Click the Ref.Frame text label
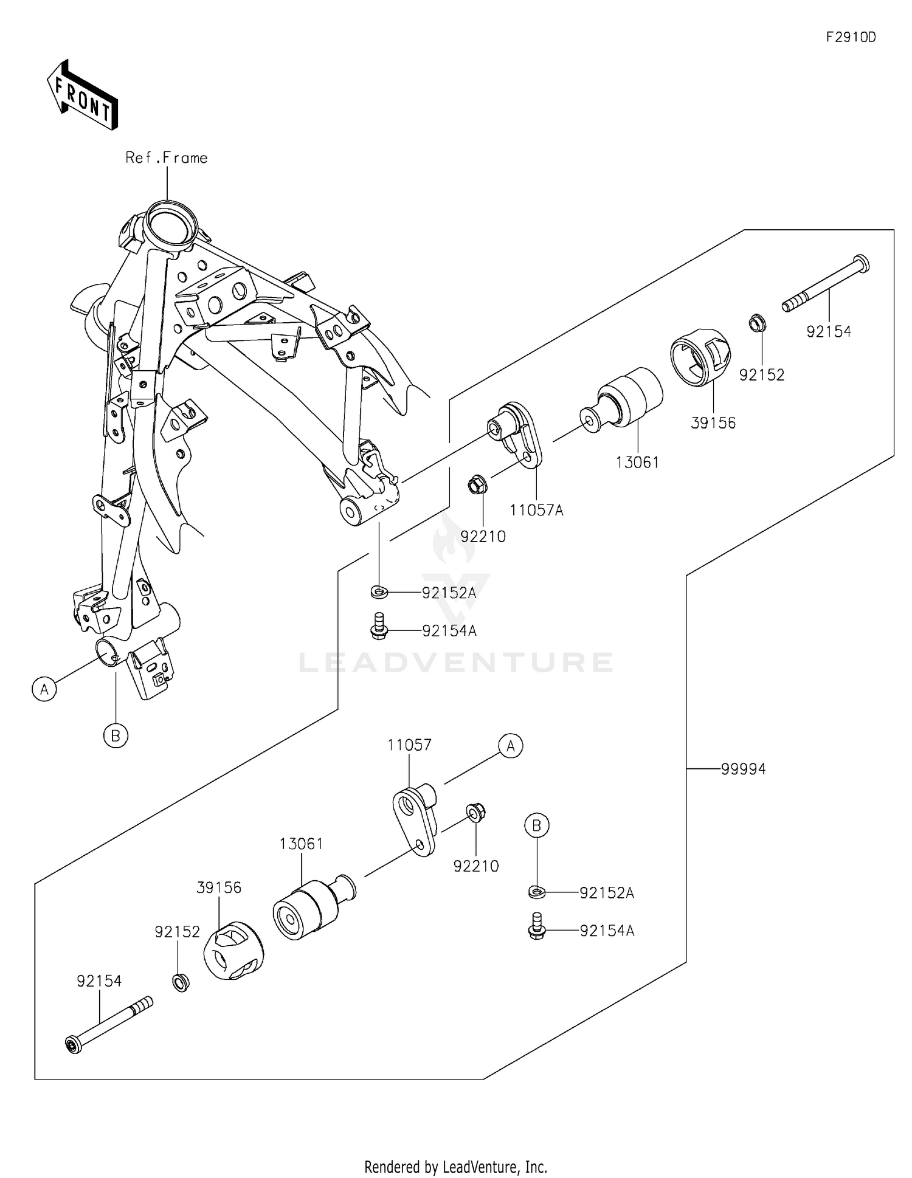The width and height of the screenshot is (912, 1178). [x=167, y=158]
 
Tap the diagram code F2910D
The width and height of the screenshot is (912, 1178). [x=851, y=38]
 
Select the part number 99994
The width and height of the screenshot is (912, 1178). [x=743, y=770]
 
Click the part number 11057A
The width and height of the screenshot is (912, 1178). [x=536, y=511]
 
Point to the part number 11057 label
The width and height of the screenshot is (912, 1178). [x=410, y=745]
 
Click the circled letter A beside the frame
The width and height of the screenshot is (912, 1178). [x=44, y=690]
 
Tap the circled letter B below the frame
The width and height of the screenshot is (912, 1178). [x=116, y=736]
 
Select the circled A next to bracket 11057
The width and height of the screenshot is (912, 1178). [x=511, y=746]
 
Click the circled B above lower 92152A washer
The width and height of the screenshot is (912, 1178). [x=537, y=825]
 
